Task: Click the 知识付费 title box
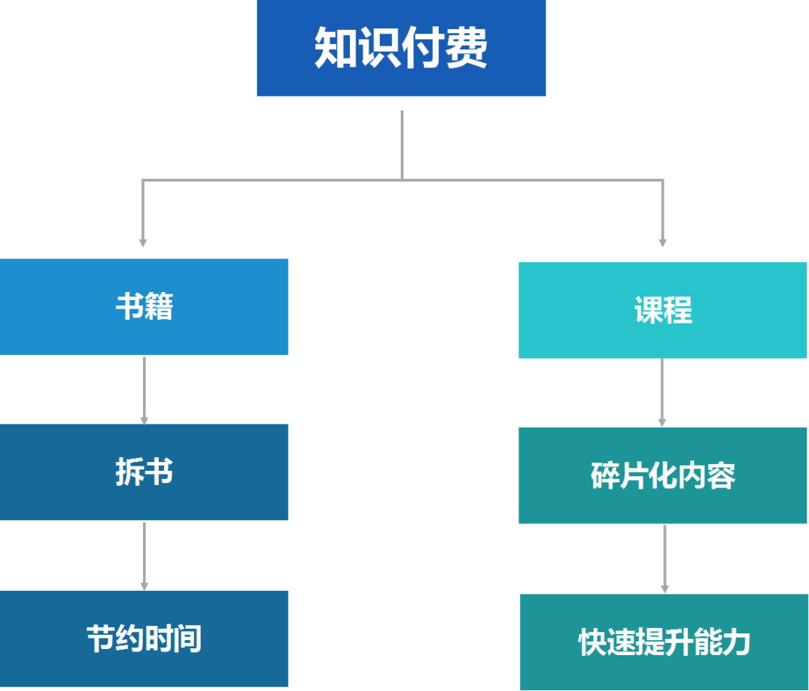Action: coord(401,48)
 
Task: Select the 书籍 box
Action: coord(144,307)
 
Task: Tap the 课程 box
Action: coord(663,310)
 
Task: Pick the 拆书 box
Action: coord(144,472)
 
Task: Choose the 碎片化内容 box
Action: coord(663,475)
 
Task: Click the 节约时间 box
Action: coord(144,639)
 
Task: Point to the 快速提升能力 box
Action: coord(664,642)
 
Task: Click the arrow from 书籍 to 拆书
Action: coord(145,389)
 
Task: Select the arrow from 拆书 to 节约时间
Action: coord(145,555)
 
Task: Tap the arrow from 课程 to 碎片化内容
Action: coord(662,392)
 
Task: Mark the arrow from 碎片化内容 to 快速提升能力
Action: coord(664,558)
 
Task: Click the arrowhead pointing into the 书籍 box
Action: coord(142,242)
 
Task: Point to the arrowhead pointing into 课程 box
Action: coord(662,242)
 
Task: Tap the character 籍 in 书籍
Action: coord(159,307)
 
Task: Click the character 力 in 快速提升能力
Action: coord(735,642)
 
